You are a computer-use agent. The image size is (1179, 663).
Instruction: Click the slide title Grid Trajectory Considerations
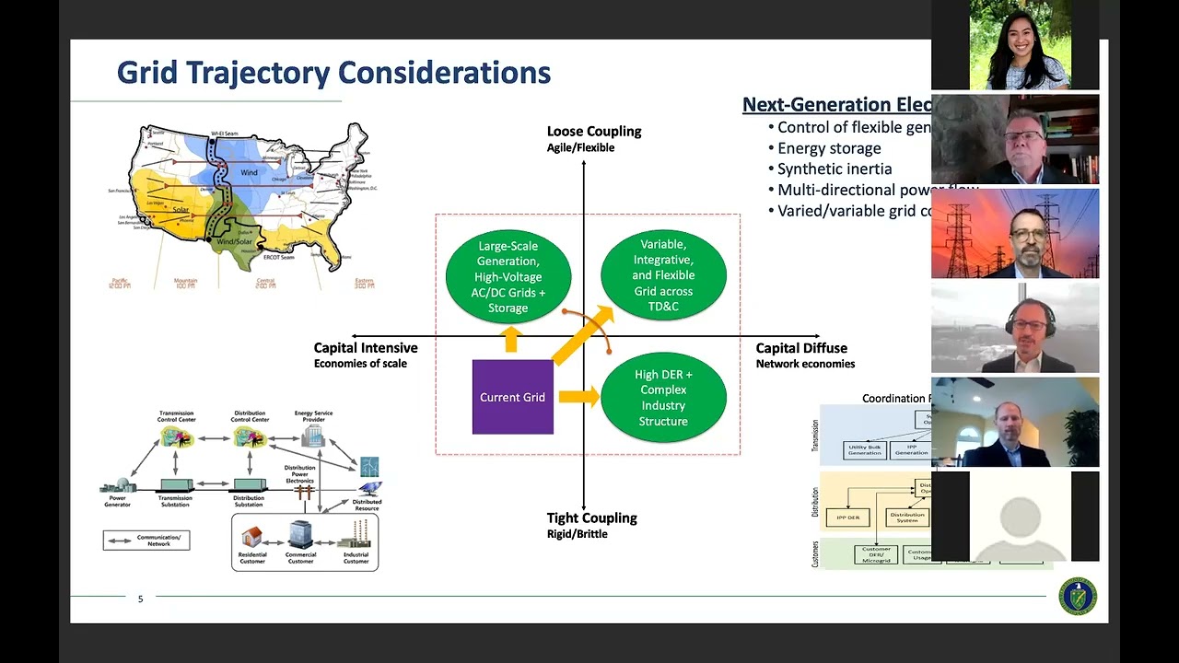point(333,73)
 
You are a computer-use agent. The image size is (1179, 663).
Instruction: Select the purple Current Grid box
point(512,397)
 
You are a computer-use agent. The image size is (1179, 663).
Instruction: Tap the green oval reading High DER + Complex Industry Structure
point(663,398)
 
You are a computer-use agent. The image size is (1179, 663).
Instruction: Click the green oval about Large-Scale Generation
point(508,276)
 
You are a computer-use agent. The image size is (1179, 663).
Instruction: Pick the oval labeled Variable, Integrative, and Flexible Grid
point(663,275)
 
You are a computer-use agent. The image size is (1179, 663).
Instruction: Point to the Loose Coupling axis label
point(593,132)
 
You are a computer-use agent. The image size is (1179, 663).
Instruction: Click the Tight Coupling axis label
point(591,518)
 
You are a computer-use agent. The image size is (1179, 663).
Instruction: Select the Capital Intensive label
point(366,348)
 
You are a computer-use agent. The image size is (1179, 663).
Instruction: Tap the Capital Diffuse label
point(801,348)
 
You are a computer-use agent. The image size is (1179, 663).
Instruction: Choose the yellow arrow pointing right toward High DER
point(578,397)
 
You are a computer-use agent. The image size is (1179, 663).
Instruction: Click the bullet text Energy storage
point(829,148)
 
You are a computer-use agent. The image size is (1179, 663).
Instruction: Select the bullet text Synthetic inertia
point(835,169)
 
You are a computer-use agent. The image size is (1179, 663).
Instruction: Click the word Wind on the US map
point(249,172)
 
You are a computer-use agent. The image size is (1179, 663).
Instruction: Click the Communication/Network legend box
point(146,541)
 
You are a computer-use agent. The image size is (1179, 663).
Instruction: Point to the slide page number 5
point(141,599)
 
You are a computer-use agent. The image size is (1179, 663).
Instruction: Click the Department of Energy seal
point(1077,597)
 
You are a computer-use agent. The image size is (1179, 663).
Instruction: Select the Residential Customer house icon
point(252,535)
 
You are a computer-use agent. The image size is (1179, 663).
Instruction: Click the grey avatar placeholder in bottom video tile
point(1020,517)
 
